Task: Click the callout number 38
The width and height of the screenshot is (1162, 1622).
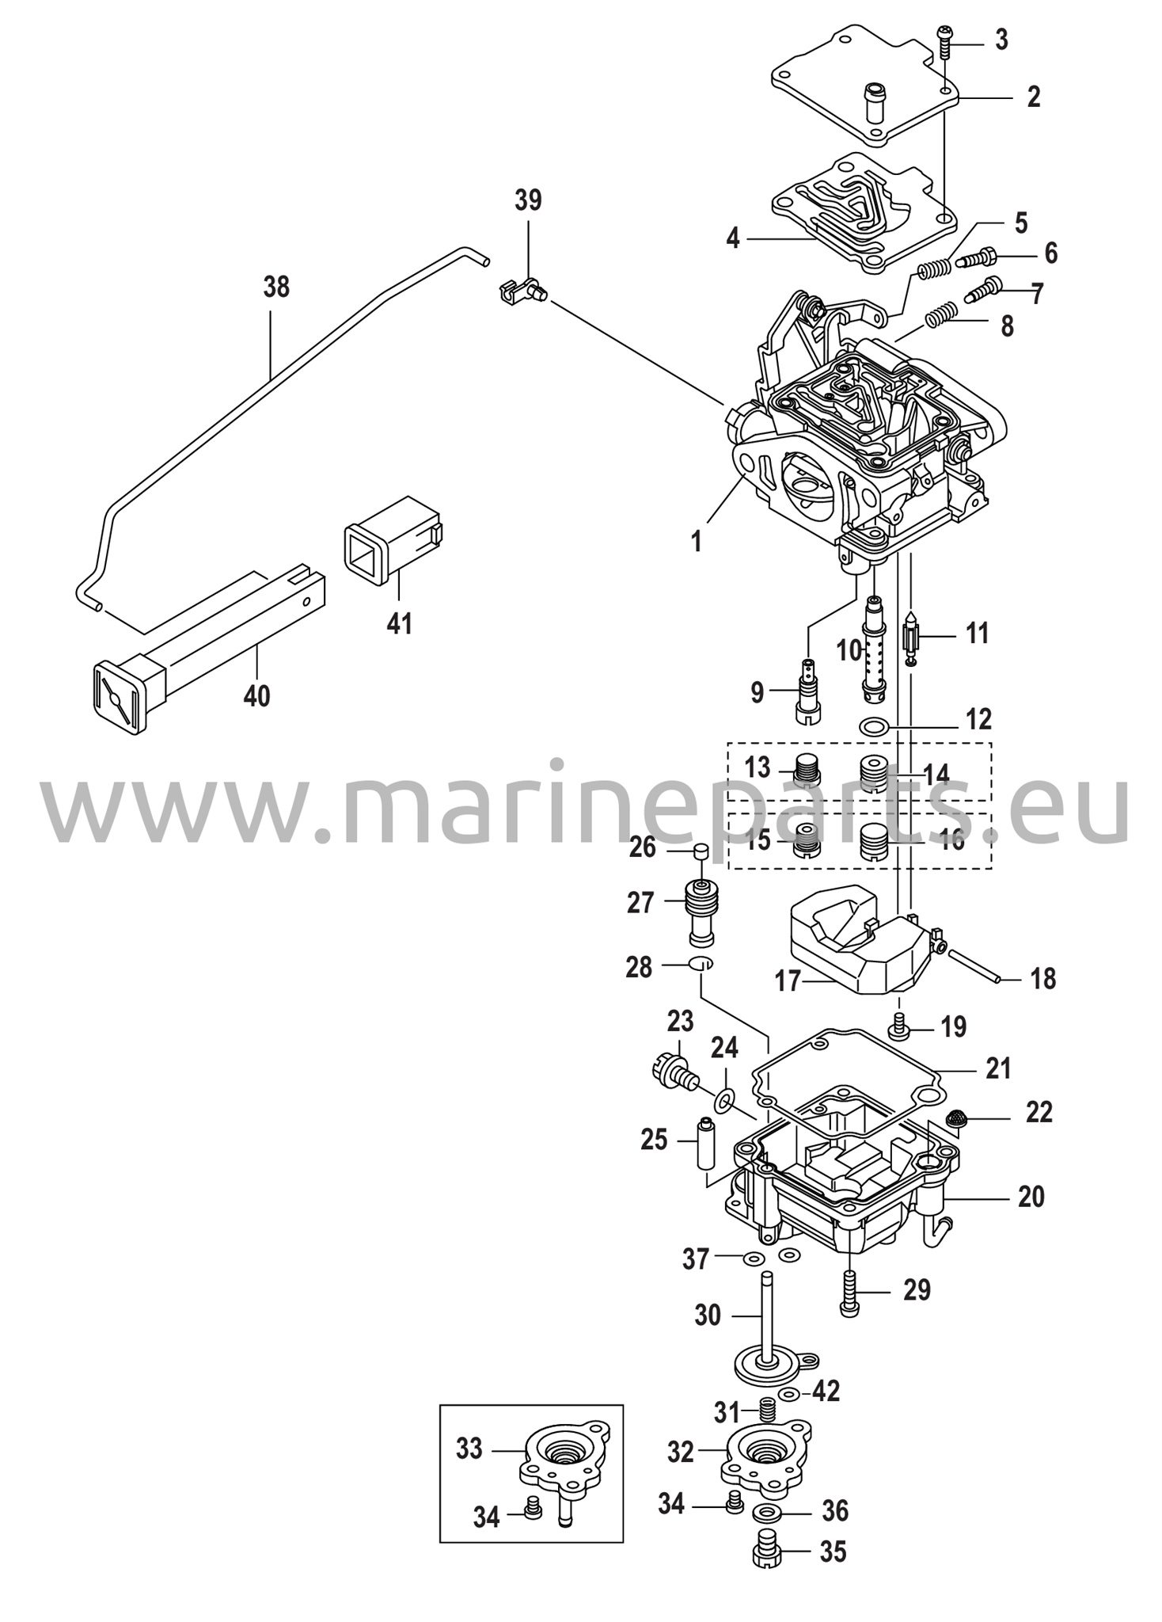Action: pos(276,287)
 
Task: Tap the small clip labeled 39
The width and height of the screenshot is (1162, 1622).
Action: pos(518,292)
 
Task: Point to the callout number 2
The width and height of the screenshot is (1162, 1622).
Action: pos(1033,97)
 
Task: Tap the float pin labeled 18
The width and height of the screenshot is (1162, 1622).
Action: pos(974,966)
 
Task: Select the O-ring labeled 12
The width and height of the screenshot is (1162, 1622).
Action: pos(872,725)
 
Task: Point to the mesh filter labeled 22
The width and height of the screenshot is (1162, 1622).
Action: pos(959,1119)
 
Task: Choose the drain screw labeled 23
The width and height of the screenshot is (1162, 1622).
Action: pos(674,1071)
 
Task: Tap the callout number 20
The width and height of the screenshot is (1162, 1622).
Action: pos(1031,1196)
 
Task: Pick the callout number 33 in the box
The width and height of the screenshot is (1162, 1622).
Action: pos(469,1449)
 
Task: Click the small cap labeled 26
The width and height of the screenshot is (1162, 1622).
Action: pos(699,851)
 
